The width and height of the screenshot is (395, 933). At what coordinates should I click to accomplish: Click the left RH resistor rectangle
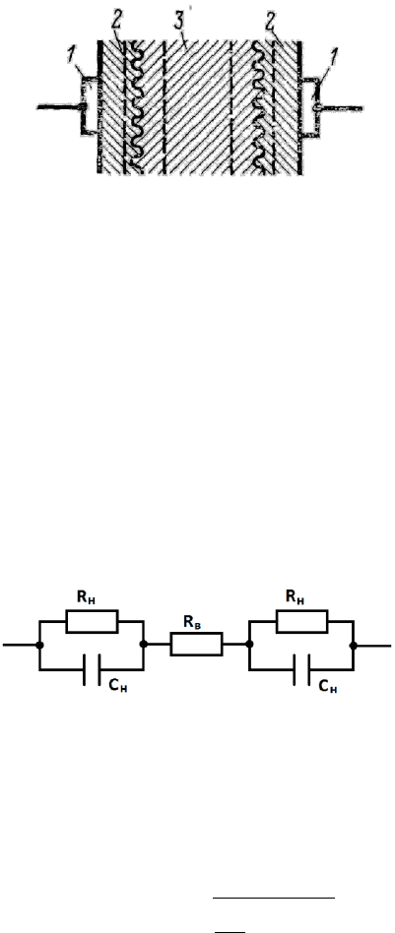(92, 621)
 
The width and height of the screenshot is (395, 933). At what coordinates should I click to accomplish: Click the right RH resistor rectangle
(301, 621)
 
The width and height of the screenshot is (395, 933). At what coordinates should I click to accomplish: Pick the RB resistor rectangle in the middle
(197, 645)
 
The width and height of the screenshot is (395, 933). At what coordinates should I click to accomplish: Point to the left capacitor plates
(92, 670)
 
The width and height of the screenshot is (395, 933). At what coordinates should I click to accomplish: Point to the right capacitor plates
(301, 670)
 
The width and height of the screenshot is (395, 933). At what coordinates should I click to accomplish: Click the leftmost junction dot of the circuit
(40, 645)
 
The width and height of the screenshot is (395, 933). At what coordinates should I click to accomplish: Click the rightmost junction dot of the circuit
(354, 645)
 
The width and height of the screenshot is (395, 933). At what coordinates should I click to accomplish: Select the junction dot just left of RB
(144, 645)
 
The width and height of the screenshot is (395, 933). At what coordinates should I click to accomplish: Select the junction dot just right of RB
(249, 645)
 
